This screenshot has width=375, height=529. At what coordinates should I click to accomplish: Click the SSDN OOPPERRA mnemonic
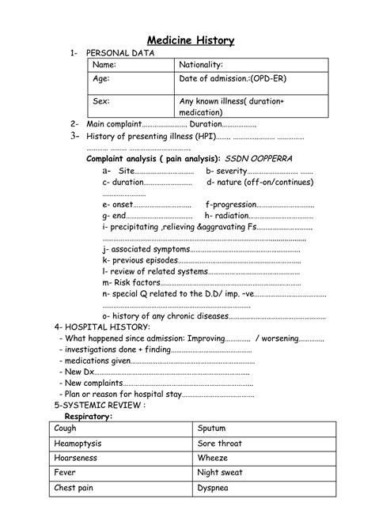[x=258, y=158]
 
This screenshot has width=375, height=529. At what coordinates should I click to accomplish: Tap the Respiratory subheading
[x=88, y=415]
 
